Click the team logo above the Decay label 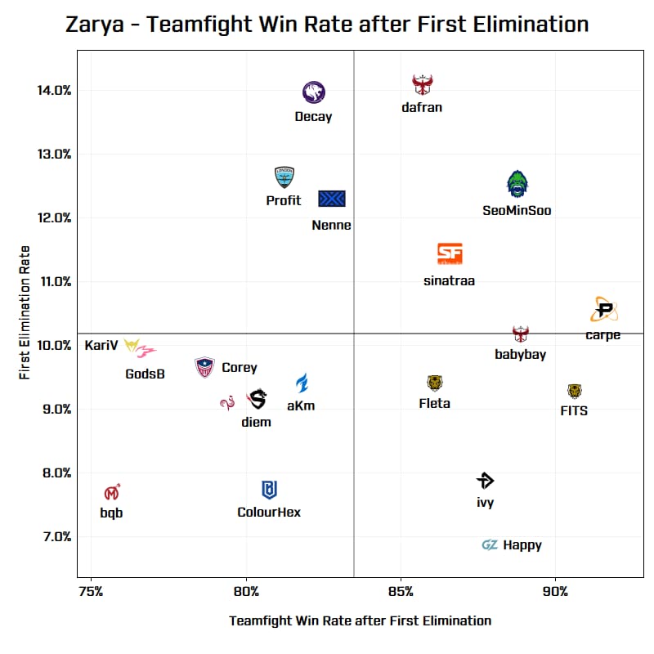point(314,92)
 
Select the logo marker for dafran point(422,84)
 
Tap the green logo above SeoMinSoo point(517,184)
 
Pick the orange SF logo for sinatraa point(450,254)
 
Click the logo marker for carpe point(604,310)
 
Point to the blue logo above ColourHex point(269,490)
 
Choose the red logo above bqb point(112,493)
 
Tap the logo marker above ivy point(486,481)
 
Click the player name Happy point(522,545)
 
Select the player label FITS point(574,410)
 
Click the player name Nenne point(331,225)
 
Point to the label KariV point(101,345)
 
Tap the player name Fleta point(434,403)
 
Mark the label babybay point(520,354)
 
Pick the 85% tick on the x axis point(401,591)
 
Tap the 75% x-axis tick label point(91,591)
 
